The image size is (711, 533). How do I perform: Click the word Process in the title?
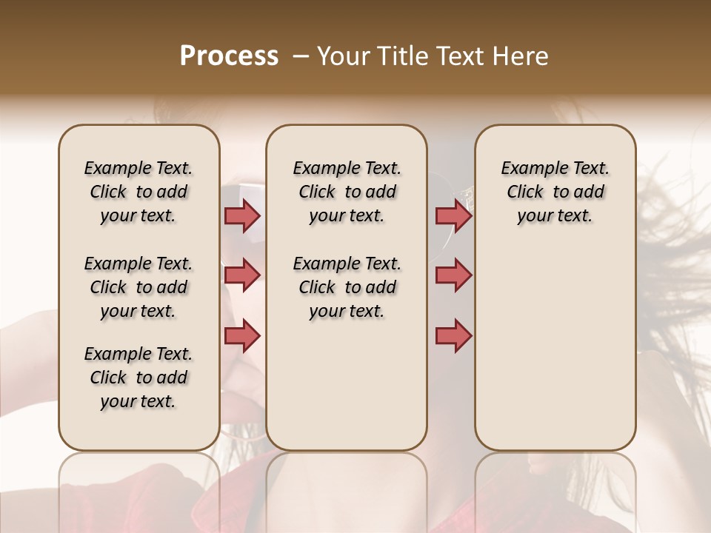(x=229, y=56)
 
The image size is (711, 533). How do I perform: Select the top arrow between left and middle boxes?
(x=242, y=215)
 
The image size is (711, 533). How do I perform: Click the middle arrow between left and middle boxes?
(x=242, y=275)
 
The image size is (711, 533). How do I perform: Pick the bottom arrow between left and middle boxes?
(x=242, y=335)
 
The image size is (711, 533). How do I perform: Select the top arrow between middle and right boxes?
(x=453, y=215)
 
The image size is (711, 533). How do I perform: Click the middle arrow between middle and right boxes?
(x=453, y=275)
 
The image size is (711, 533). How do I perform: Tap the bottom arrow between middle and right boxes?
(x=453, y=335)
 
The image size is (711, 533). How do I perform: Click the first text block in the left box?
(x=138, y=192)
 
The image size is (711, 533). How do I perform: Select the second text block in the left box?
(x=138, y=287)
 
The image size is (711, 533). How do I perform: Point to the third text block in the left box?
(x=138, y=378)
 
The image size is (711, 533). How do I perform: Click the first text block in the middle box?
(x=347, y=192)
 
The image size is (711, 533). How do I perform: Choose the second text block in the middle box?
(x=347, y=287)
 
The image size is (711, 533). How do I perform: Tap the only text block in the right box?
(x=555, y=192)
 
